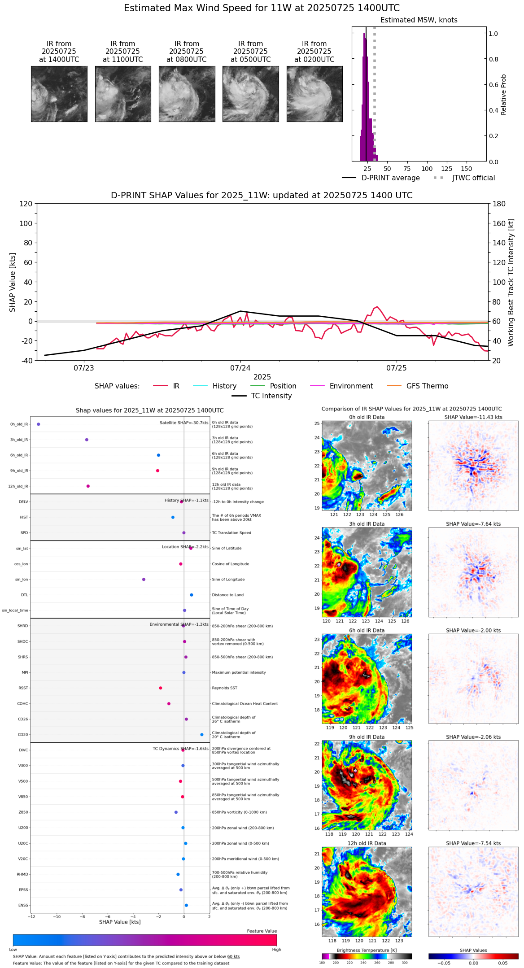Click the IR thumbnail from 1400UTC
pyautogui.click(x=59, y=94)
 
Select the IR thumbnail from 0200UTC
pyautogui.click(x=314, y=94)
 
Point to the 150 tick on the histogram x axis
pyautogui.click(x=467, y=169)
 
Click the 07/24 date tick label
pyautogui.click(x=240, y=368)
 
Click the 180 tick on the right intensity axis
pyautogui.click(x=499, y=204)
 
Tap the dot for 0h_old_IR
pyautogui.click(x=39, y=424)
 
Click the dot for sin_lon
pyautogui.click(x=144, y=580)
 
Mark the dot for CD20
pyautogui.click(x=202, y=735)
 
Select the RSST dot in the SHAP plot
pyautogui.click(x=161, y=688)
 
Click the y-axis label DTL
pyautogui.click(x=24, y=595)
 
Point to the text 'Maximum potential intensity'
pyautogui.click(x=239, y=673)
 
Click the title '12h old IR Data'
pyautogui.click(x=367, y=843)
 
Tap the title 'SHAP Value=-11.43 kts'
pyautogui.click(x=473, y=417)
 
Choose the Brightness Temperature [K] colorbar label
pyautogui.click(x=367, y=950)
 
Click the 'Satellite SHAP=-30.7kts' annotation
pyautogui.click(x=184, y=423)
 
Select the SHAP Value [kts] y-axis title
pyautogui.click(x=13, y=282)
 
